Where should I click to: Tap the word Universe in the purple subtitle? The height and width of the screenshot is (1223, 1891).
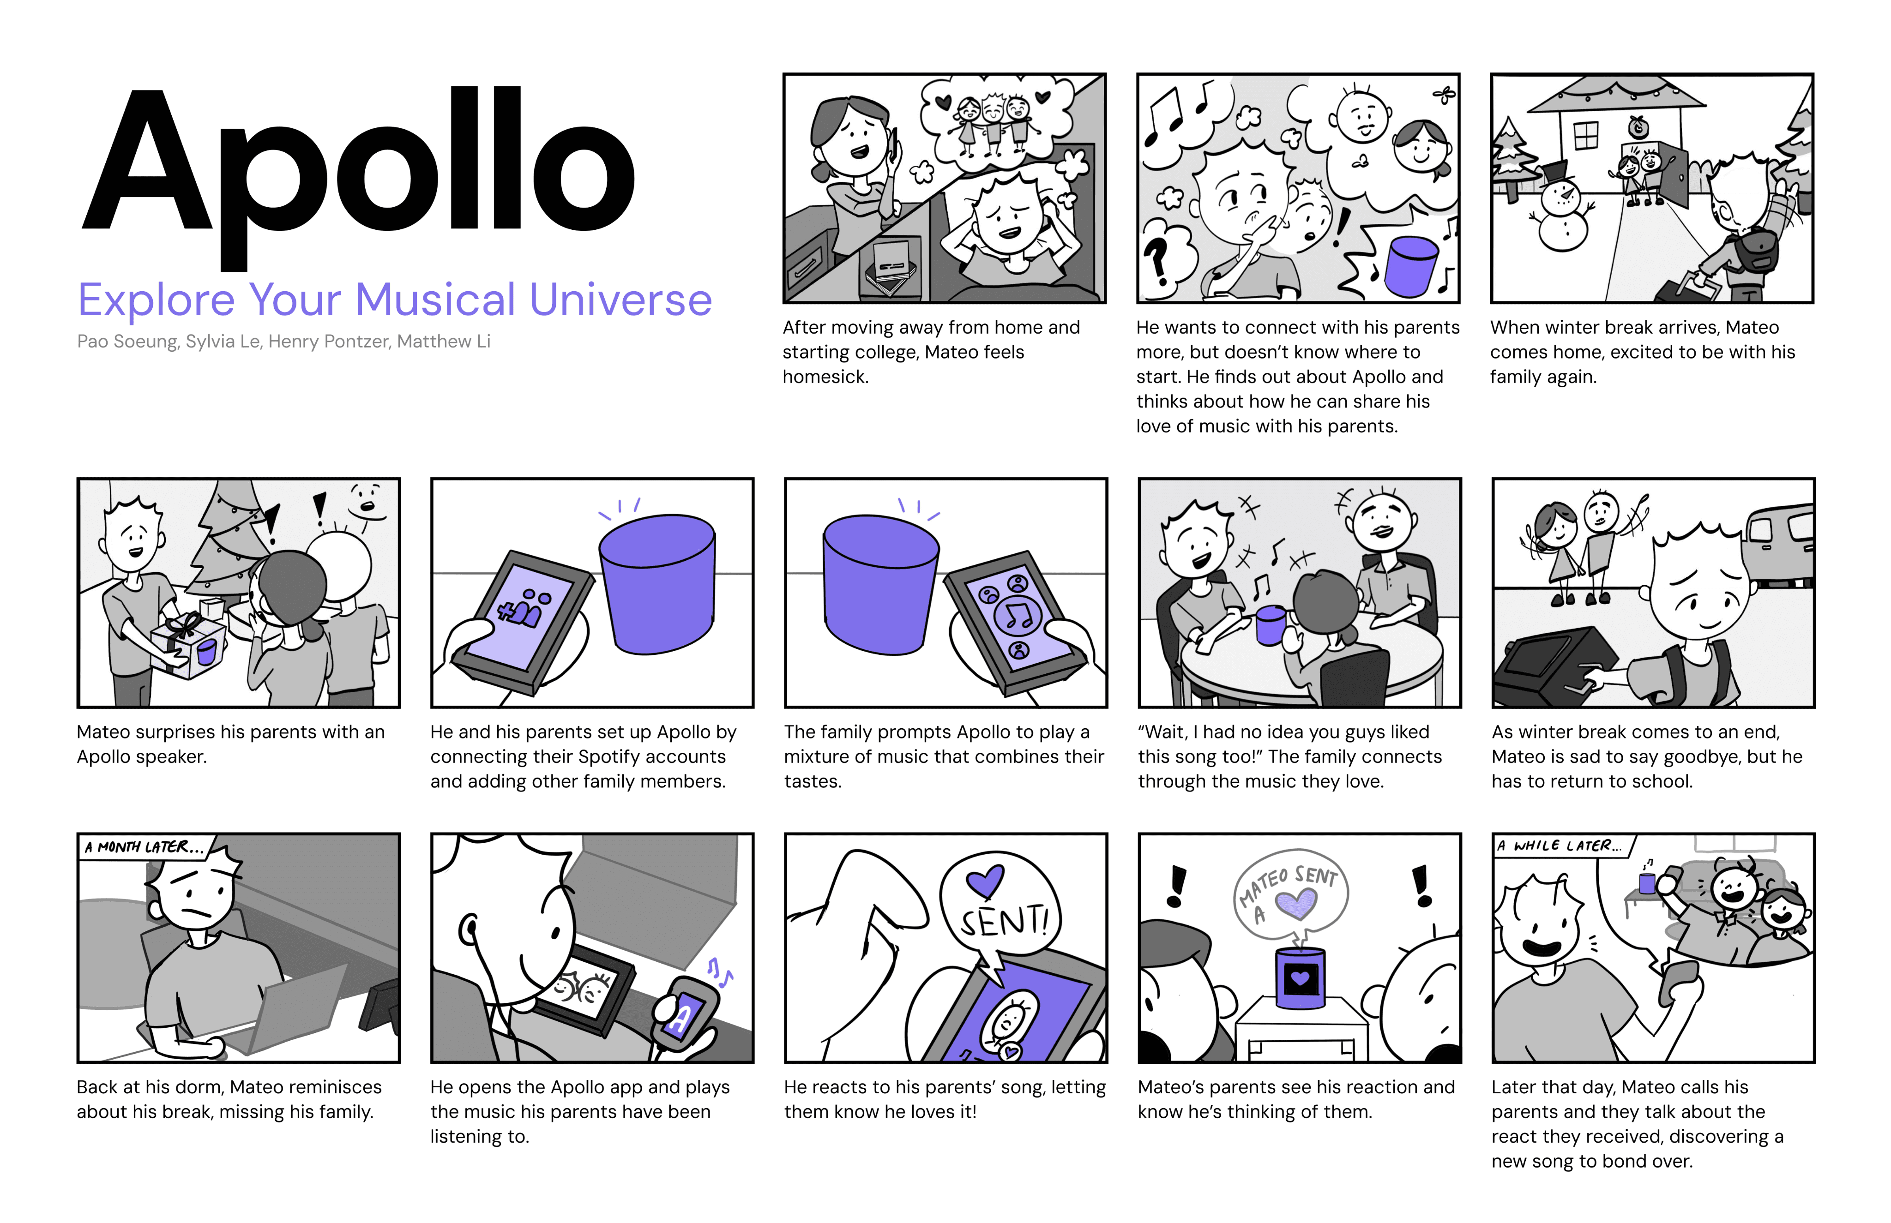pyautogui.click(x=620, y=300)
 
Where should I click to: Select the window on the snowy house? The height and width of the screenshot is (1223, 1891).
pyautogui.click(x=1585, y=136)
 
